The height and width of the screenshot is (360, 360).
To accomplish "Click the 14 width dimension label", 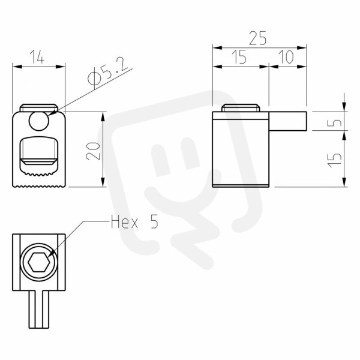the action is (x=37, y=57).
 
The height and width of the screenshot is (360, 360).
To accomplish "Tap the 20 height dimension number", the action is (x=93, y=151).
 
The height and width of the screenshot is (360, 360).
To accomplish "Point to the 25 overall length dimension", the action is (x=258, y=38).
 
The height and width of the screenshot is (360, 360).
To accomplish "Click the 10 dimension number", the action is (x=286, y=57).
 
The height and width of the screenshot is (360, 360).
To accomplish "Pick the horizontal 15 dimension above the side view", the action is (x=239, y=57).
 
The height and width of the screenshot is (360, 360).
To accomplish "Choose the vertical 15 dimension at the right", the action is (x=334, y=160).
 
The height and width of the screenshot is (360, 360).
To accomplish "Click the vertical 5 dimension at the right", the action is (x=334, y=122).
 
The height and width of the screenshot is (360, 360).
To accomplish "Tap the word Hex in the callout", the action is (x=124, y=222).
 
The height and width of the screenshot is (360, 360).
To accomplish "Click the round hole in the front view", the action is (x=39, y=121).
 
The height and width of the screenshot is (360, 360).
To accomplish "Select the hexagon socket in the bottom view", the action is (x=39, y=262).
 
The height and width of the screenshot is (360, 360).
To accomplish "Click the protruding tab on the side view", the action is (x=287, y=121).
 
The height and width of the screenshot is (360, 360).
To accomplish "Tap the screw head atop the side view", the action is (x=241, y=108).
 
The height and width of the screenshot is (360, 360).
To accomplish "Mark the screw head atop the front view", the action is (x=39, y=108).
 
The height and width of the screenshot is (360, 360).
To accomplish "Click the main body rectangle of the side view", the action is (x=241, y=149).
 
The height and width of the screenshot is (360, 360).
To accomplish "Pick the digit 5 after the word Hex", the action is (x=154, y=222).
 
